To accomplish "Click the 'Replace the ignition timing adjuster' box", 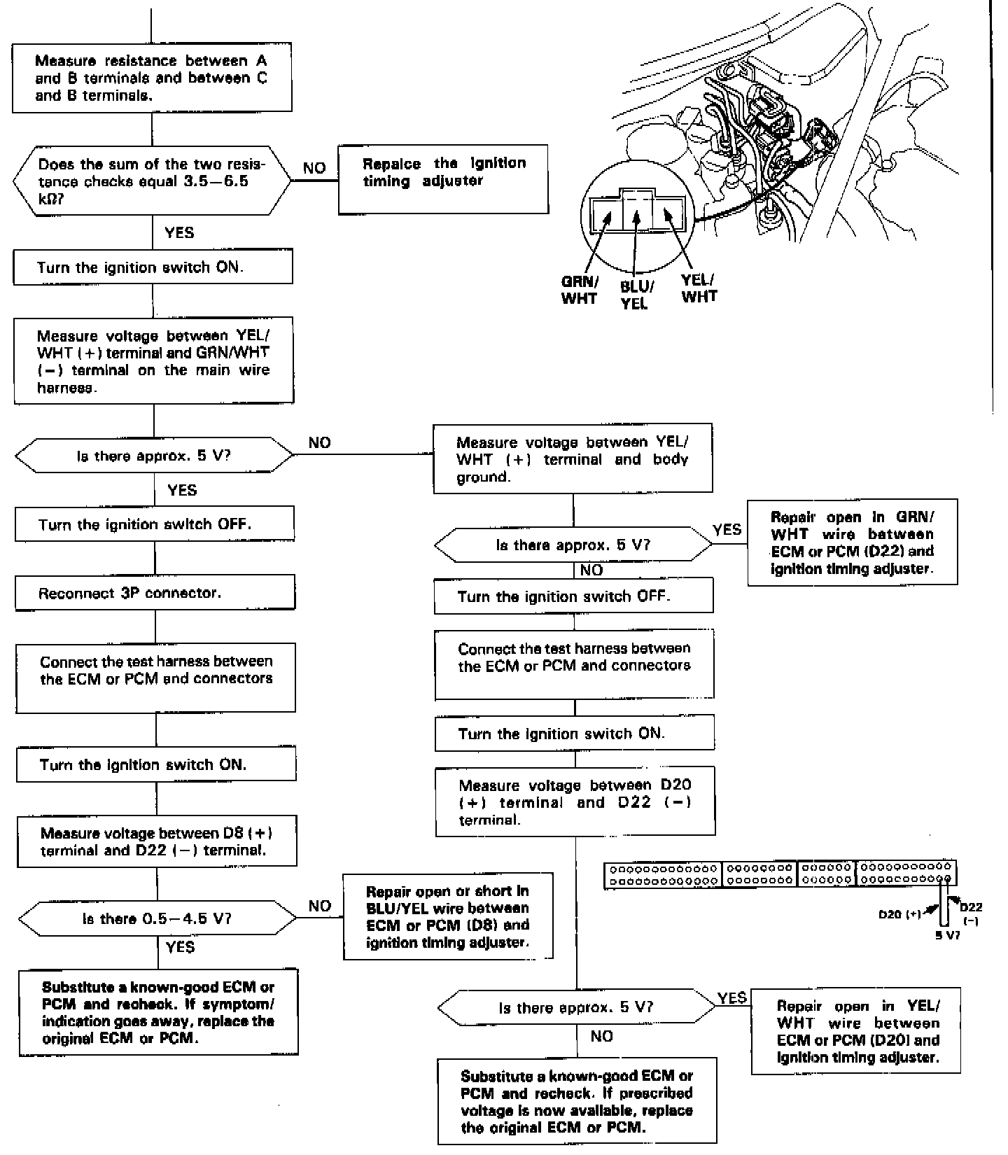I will (x=443, y=179).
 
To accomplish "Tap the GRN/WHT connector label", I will (x=579, y=290).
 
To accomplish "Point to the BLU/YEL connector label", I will (x=636, y=295).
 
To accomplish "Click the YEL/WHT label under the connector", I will (x=699, y=288).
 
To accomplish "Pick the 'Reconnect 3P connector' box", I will (x=155, y=594).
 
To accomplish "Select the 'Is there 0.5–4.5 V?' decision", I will (x=157, y=918).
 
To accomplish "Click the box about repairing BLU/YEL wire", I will (x=448, y=916).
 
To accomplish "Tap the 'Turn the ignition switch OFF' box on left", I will (x=155, y=524).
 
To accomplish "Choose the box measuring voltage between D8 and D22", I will (x=156, y=842).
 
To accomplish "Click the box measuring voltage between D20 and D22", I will (x=575, y=802).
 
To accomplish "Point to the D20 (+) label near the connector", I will (x=899, y=914).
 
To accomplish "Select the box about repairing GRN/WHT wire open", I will (x=852, y=542).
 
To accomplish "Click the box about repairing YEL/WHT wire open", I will (x=855, y=1030).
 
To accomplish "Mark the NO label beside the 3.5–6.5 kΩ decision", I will (x=314, y=169).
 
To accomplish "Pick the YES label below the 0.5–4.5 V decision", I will (x=180, y=947).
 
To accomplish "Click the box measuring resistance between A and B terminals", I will (x=152, y=78).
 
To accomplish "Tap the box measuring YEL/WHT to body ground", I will (x=573, y=459).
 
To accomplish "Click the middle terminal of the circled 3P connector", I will (x=636, y=211).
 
